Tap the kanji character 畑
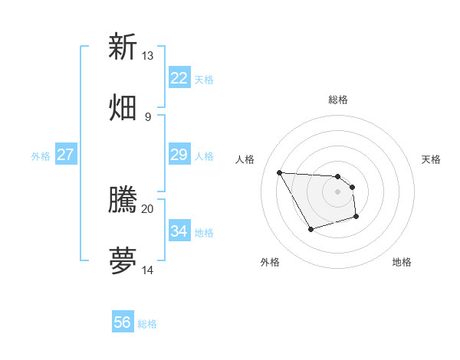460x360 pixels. (x=123, y=106)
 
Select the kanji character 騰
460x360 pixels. (x=123, y=200)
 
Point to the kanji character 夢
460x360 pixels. (x=123, y=260)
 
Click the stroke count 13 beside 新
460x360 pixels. (x=147, y=56)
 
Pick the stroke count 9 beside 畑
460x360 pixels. (x=147, y=116)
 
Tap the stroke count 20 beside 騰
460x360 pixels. (x=147, y=208)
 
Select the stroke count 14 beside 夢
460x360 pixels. (x=147, y=270)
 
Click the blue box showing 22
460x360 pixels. (x=179, y=78)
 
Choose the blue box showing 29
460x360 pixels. (x=179, y=155)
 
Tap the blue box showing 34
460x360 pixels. (x=179, y=231)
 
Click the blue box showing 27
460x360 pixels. (x=65, y=155)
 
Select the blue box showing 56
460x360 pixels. (x=122, y=322)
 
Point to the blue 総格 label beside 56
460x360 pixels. (x=147, y=324)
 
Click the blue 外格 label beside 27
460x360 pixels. (x=41, y=156)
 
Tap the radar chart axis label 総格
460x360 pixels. (x=338, y=100)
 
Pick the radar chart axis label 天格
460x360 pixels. (x=431, y=159)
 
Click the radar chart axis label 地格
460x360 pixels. (x=402, y=262)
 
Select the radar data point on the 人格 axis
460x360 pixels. (x=279, y=172)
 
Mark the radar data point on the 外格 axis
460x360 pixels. (x=310, y=229)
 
